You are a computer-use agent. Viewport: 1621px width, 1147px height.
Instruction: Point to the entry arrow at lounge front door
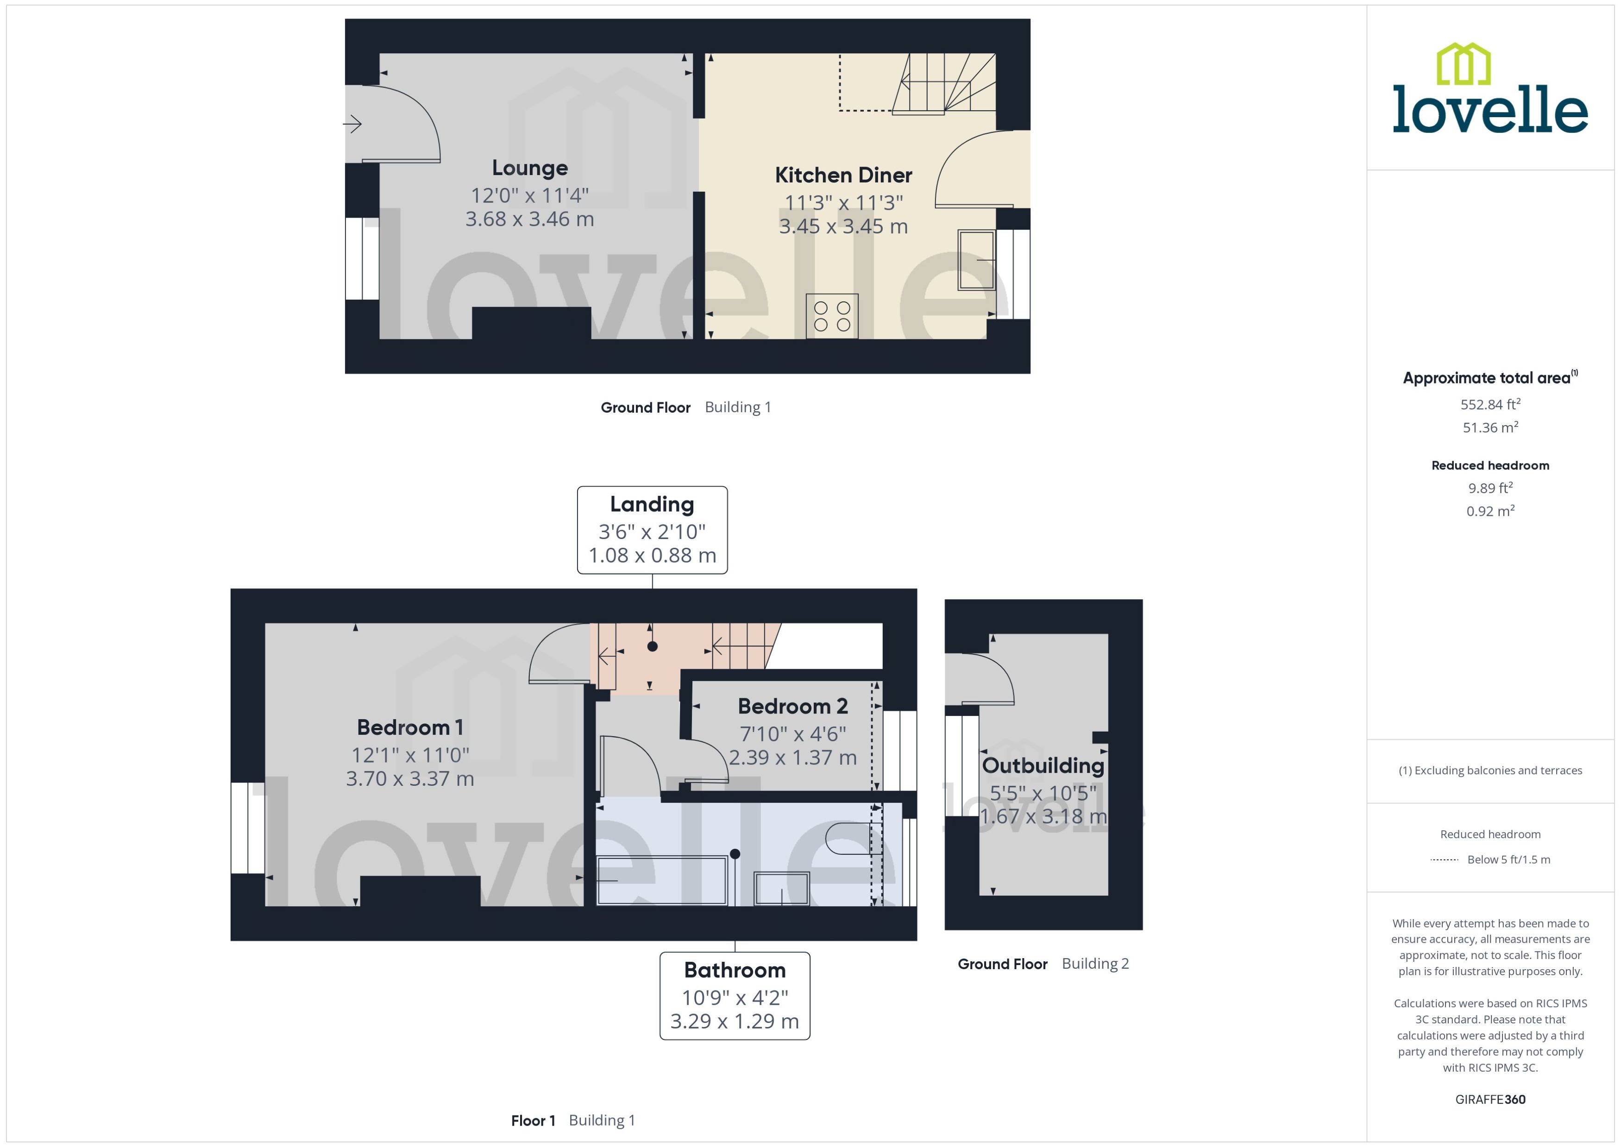[x=352, y=124]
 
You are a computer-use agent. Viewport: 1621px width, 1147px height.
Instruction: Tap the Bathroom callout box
[x=734, y=996]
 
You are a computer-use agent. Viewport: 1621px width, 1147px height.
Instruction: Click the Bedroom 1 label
[x=410, y=727]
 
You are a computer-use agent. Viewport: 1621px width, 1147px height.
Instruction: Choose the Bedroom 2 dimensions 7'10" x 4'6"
[x=792, y=734]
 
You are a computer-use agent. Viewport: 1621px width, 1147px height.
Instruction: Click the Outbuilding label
[x=1043, y=765]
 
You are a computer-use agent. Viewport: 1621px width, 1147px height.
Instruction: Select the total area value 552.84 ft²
[x=1489, y=405]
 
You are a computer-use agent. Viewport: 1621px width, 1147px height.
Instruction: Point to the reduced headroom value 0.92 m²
[x=1489, y=511]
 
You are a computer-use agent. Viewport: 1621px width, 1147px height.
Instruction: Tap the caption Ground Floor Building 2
[x=1043, y=964]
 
